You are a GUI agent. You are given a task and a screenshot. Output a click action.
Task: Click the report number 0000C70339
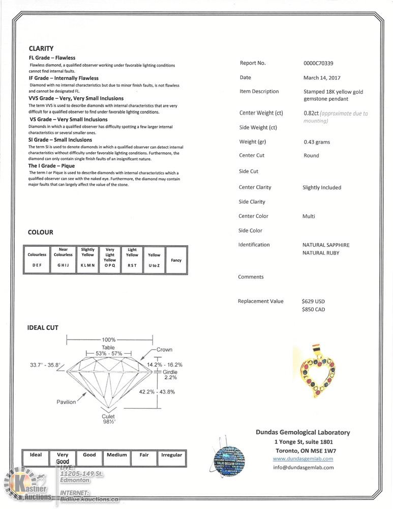coord(318,64)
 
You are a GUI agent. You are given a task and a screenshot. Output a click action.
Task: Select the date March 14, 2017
coord(319,78)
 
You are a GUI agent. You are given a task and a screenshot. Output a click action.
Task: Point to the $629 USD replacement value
coord(313,301)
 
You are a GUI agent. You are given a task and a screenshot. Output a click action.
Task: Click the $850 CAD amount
coord(313,309)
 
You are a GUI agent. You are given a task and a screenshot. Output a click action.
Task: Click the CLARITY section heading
coord(41,48)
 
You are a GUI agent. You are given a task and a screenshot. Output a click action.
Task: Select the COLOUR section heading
coord(41,232)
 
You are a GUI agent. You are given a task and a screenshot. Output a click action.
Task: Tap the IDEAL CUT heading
coord(43,327)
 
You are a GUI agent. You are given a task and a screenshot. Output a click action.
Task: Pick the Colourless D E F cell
coord(37,260)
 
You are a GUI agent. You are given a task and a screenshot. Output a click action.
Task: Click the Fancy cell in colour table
coord(176,260)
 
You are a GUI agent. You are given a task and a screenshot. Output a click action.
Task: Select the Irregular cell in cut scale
coord(171,455)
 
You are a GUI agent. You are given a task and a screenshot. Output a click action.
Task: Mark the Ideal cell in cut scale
coord(36,455)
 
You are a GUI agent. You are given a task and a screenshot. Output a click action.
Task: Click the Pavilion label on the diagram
coord(66,402)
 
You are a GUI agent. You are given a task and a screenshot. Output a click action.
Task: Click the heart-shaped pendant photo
coord(317,372)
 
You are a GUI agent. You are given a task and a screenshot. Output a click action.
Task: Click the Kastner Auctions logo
coord(26,486)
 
